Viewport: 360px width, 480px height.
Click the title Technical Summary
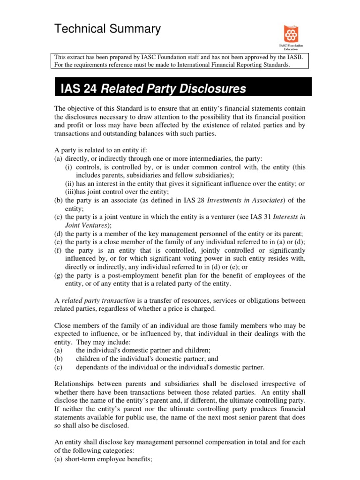108,30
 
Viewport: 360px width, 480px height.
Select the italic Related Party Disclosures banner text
173,89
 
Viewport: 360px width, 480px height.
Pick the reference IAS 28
200,200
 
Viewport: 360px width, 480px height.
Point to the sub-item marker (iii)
71,192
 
